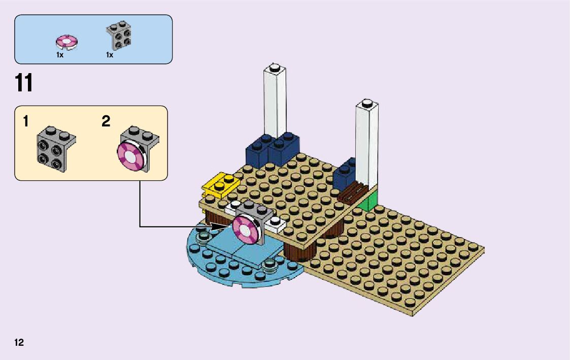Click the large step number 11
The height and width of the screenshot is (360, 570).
pos(24,84)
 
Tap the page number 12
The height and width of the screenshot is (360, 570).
pos(19,343)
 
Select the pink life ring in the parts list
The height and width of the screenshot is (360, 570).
pos(66,41)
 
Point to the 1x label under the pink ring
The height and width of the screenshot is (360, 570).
pos(59,55)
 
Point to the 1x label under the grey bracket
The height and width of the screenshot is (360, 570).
pos(109,55)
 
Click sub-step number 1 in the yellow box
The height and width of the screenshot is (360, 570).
pos(25,122)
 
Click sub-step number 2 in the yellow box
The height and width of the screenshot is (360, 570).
pos(106,122)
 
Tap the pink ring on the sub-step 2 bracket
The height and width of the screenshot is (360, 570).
pos(129,156)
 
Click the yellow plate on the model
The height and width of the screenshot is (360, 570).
pos(218,186)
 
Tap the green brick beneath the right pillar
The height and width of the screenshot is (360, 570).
pos(370,202)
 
